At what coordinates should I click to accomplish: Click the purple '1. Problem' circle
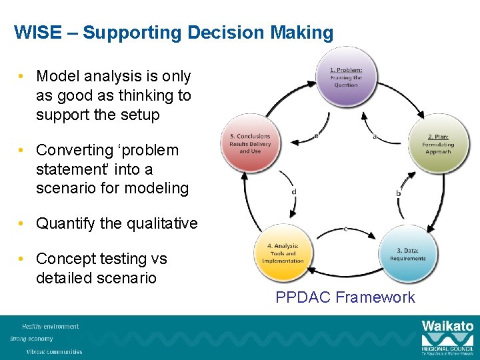coord(346,77)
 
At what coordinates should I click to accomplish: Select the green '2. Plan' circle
coord(437,143)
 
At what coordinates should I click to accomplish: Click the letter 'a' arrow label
coord(374,137)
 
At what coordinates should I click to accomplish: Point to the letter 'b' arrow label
coord(399,193)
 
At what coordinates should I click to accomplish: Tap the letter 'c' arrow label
coord(345,228)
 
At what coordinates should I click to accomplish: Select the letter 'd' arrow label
coord(294,191)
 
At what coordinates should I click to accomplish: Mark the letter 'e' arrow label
coord(316,135)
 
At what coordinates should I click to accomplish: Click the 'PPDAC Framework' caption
coord(345,297)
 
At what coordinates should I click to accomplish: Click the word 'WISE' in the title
coord(34,33)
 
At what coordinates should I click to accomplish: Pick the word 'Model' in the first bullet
coord(57,77)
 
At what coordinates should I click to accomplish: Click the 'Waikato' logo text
coord(447,327)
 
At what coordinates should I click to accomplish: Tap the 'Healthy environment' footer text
coord(50,327)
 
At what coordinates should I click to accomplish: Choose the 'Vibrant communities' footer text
coord(54,351)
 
